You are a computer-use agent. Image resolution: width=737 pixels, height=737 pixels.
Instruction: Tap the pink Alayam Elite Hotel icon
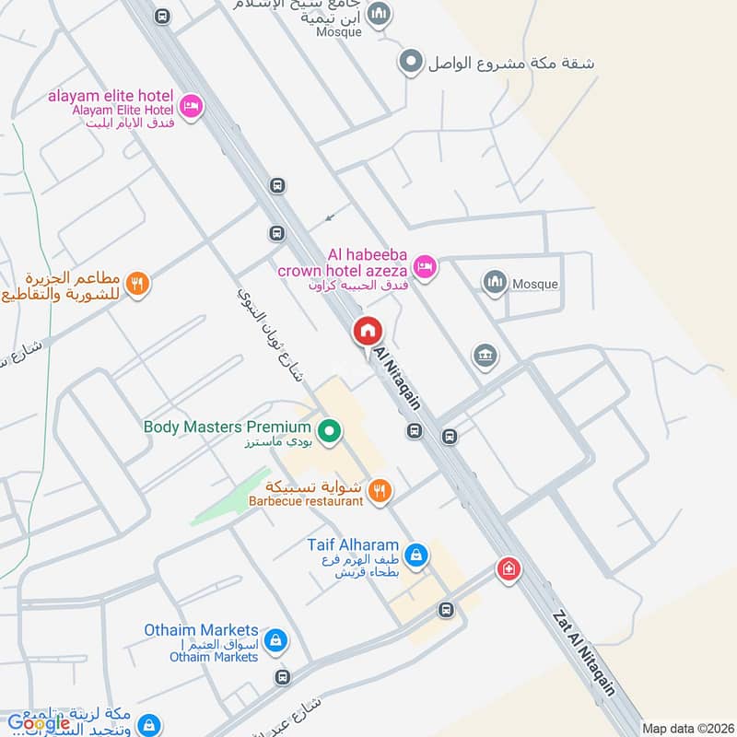(191, 107)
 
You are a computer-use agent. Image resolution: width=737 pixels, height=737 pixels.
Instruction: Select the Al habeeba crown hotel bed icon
(424, 266)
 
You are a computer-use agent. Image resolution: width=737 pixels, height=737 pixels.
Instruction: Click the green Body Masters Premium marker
(327, 429)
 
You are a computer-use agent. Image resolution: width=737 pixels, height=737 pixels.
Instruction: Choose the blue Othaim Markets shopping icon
(274, 639)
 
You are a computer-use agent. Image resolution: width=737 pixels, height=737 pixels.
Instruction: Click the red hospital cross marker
(506, 569)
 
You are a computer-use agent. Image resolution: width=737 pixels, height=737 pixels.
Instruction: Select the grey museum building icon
(484, 356)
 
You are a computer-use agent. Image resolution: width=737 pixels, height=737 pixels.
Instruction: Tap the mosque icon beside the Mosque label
(496, 283)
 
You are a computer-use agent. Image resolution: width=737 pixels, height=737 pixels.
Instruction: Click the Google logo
(38, 722)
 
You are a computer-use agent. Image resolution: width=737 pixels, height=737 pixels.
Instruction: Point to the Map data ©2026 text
(686, 728)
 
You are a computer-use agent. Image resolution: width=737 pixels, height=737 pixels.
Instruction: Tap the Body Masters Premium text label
(227, 427)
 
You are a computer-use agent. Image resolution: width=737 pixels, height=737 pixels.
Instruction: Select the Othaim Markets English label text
(201, 630)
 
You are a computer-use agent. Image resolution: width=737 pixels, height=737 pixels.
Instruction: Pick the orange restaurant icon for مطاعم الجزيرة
(136, 283)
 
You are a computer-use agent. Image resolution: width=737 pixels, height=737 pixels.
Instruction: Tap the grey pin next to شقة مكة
(410, 63)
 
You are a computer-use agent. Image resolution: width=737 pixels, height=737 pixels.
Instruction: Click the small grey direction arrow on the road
(329, 218)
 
